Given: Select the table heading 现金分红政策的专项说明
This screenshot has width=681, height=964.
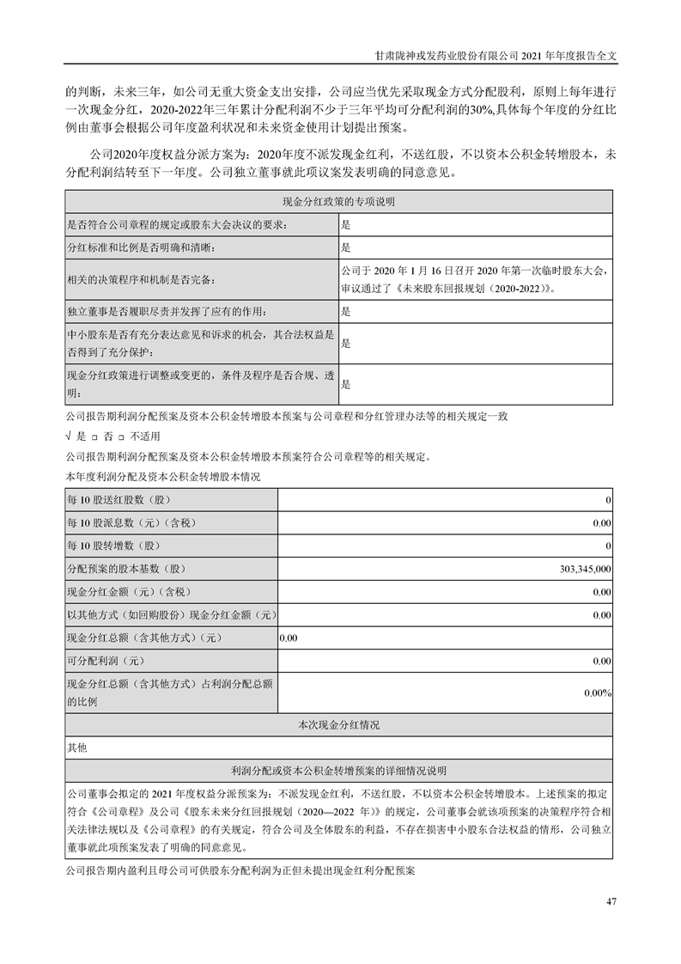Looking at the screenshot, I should (x=338, y=201).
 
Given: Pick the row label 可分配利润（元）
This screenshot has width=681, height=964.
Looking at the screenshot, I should (x=105, y=661).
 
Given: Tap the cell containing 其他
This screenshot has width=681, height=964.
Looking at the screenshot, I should (x=76, y=748).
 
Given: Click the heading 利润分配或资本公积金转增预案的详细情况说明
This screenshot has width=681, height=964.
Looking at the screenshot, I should (x=338, y=771).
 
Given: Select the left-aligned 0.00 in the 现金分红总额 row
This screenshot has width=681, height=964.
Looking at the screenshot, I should (x=289, y=638).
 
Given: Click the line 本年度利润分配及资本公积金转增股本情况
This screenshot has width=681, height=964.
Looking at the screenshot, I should (x=162, y=476).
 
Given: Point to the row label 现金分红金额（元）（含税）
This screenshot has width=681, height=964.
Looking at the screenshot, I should (x=128, y=592).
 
